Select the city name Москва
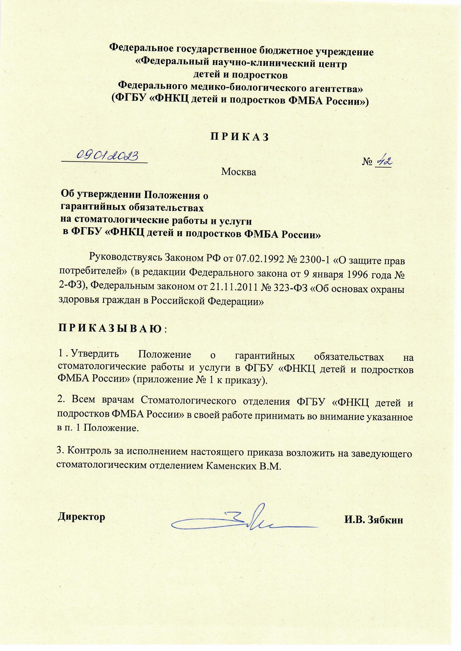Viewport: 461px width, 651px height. [x=239, y=172]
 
